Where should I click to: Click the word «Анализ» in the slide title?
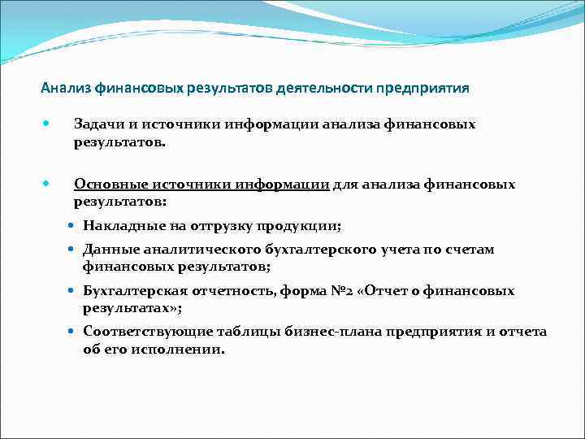pyautogui.click(x=67, y=88)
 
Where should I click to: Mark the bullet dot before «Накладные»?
pyautogui.click(x=73, y=225)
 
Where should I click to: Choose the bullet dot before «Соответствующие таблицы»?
pyautogui.click(x=73, y=332)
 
